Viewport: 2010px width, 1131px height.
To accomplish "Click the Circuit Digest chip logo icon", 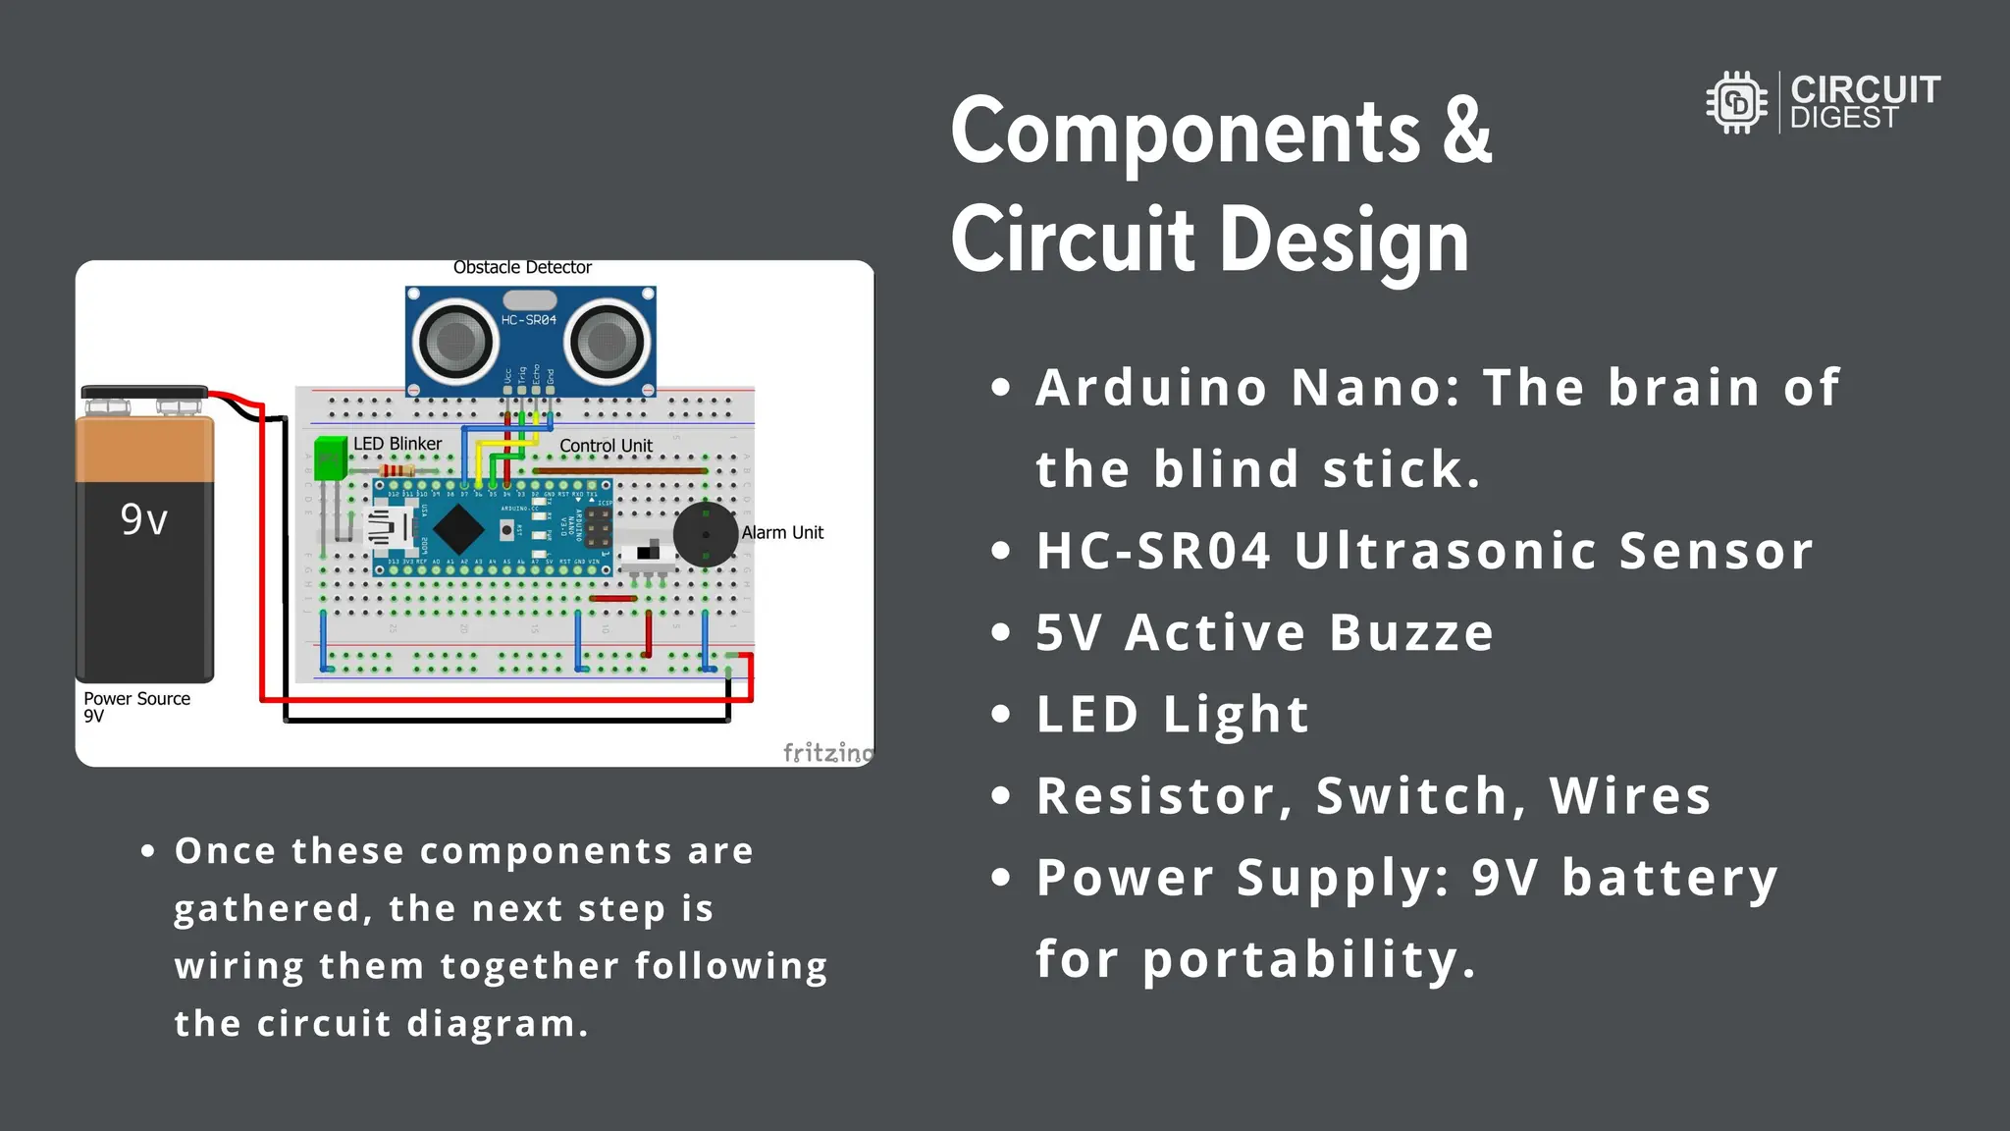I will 1736,102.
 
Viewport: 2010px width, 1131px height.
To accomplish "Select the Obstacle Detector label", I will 522,267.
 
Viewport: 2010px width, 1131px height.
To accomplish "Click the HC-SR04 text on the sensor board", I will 528,320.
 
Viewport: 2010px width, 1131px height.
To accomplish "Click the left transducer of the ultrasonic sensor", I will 453,342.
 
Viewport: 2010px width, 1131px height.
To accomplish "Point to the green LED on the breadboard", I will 331,458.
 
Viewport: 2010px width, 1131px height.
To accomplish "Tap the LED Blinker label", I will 397,444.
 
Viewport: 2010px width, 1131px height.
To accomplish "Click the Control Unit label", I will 606,446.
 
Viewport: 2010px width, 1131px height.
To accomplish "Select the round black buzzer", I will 705,535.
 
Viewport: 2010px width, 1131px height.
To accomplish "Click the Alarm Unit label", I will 782,532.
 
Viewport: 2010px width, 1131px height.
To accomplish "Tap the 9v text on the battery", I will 144,519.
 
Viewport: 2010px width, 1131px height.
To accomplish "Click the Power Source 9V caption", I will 136,706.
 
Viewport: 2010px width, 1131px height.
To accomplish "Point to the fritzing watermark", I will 827,752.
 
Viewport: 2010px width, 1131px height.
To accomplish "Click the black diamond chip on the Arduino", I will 458,529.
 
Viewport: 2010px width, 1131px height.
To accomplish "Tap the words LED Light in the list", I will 1173,714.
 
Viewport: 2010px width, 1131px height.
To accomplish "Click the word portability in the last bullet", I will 1308,959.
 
